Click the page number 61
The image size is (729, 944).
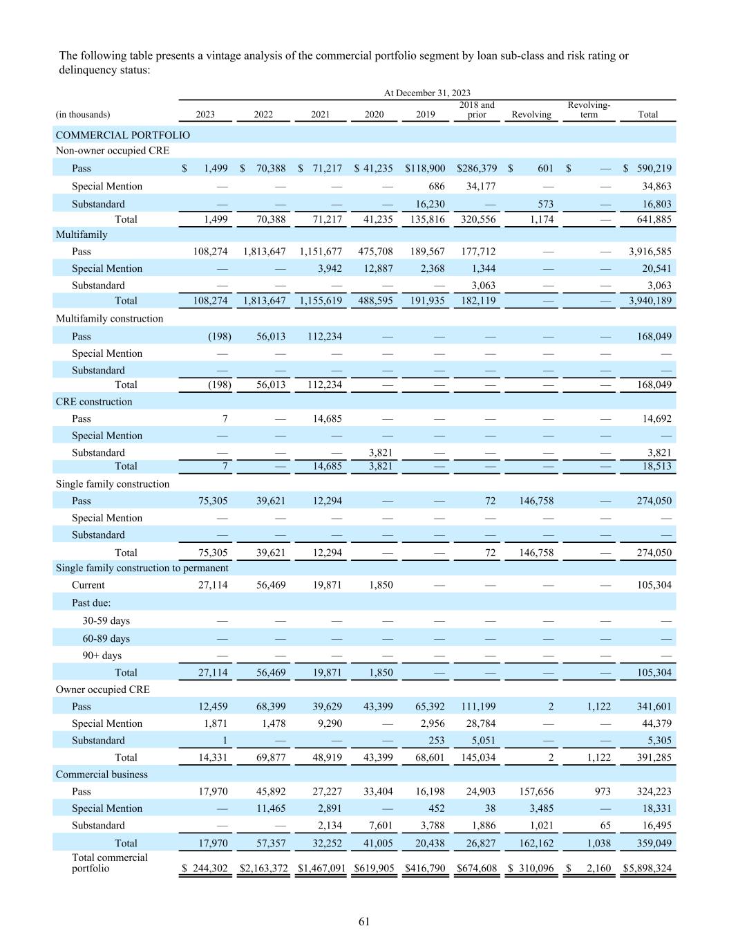point(364,921)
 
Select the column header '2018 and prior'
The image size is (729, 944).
point(477,110)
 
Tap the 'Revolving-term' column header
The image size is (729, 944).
point(589,110)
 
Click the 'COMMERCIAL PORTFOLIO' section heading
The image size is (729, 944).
point(122,135)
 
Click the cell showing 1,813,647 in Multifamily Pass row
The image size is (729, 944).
point(263,251)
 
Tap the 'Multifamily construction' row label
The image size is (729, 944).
point(109,319)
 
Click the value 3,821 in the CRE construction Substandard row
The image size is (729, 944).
point(379,452)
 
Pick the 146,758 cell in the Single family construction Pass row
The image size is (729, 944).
point(536,501)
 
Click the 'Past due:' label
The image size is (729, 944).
point(91,602)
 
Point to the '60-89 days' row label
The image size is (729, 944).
point(106,638)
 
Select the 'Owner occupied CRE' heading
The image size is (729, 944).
point(102,690)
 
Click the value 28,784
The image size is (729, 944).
point(482,723)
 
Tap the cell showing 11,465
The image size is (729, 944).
point(269,808)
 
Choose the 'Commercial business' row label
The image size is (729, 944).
point(102,775)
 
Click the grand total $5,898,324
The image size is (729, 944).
point(647,869)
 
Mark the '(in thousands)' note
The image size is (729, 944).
point(82,115)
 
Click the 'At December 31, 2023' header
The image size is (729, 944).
point(427,93)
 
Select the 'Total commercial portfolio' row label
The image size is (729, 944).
point(109,863)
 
